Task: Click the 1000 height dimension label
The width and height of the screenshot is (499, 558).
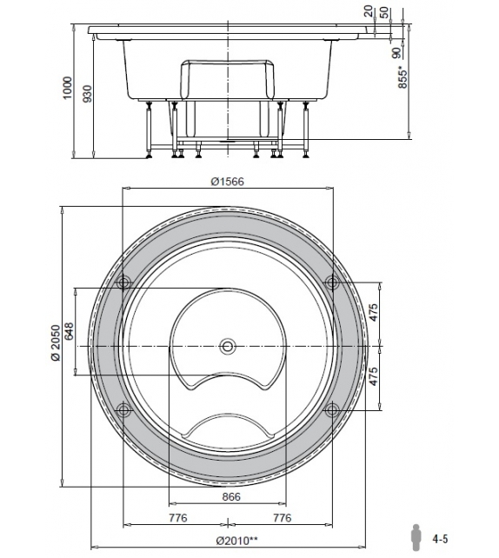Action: click(69, 87)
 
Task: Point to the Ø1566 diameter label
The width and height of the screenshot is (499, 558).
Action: click(227, 181)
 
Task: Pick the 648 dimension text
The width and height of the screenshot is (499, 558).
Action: click(70, 331)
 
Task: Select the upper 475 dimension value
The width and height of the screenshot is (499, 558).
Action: click(374, 314)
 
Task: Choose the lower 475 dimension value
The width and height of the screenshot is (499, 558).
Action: click(374, 377)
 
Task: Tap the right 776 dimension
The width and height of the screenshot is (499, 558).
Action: click(280, 519)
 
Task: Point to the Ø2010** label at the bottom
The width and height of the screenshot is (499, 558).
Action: click(227, 542)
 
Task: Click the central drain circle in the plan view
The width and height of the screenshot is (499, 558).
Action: click(228, 346)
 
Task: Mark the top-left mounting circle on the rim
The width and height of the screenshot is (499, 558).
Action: click(123, 282)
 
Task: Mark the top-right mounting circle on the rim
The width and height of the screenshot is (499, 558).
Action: click(330, 282)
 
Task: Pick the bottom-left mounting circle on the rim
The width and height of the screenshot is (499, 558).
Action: click(123, 409)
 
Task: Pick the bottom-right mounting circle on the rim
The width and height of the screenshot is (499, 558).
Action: click(330, 409)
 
